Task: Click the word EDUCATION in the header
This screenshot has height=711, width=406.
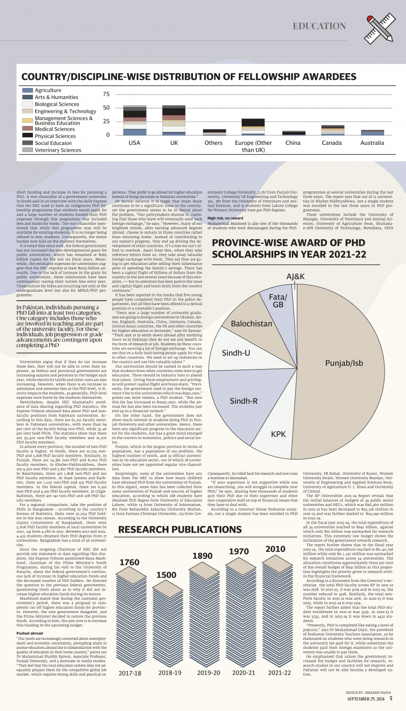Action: pos(319,26)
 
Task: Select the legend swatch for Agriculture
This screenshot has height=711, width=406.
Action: pos(28,90)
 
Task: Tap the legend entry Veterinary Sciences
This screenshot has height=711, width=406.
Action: pos(58,150)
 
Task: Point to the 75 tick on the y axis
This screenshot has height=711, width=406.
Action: pos(106,94)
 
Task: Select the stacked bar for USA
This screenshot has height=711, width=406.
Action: pos(135,120)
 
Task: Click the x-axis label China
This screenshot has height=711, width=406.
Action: pos(293,143)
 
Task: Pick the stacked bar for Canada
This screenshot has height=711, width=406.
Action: pos(332,130)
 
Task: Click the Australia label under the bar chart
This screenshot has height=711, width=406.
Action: pos(372,143)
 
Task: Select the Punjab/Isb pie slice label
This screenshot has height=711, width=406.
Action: pos(344,363)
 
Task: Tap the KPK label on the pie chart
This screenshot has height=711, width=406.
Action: pos(278,434)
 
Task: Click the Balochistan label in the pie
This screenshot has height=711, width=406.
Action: pos(251,324)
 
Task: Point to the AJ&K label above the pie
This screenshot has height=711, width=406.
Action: pos(295,277)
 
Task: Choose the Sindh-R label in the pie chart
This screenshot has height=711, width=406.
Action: pos(244,401)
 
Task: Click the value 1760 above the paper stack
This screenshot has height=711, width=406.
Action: pos(129,562)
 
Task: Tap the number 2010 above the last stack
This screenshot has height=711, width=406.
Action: pos(275,549)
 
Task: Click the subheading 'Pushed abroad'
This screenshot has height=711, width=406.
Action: pos(30,633)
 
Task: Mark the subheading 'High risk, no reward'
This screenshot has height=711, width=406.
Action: pos(225,218)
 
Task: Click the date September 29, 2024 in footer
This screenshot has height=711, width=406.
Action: pos(365,699)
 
